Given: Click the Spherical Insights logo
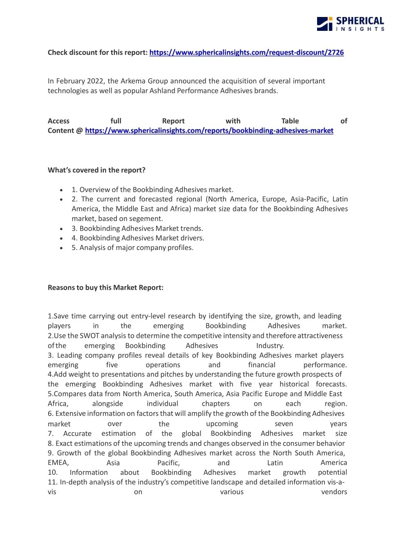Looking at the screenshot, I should (x=350, y=24).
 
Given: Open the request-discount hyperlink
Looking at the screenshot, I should (x=246, y=52).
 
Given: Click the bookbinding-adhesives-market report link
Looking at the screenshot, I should (x=209, y=131).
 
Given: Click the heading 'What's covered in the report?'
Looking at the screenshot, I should (x=96, y=170).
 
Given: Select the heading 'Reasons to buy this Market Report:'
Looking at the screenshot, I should (x=105, y=287).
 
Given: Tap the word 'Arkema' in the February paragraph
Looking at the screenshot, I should (x=133, y=81).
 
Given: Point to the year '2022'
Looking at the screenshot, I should (x=96, y=81).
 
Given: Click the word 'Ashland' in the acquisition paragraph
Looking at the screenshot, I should (x=162, y=91).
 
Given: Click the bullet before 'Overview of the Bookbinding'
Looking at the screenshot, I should (x=61, y=190).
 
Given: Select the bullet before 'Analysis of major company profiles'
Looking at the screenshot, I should (x=61, y=248).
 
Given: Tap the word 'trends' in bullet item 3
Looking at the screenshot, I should (x=191, y=228).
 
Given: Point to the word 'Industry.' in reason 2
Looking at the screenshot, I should (x=270, y=346).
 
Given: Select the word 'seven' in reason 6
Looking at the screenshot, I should (x=284, y=424).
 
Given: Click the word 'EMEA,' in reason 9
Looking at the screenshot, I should (x=58, y=463).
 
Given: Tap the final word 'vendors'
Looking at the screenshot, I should (x=334, y=492).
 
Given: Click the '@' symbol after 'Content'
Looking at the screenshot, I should (x=79, y=131).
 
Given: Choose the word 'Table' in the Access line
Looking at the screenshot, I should (x=290, y=121).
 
